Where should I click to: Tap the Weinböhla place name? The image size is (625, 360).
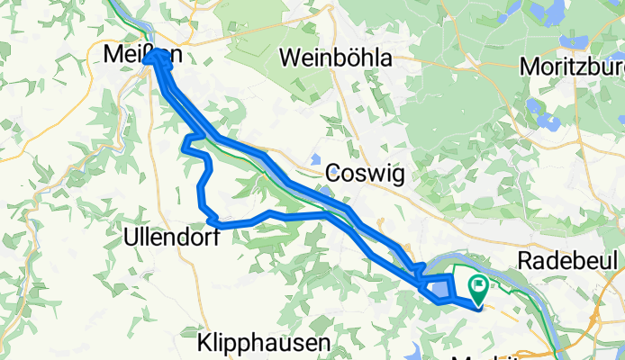[x=336, y=58]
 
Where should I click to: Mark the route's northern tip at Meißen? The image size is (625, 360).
[x=159, y=55]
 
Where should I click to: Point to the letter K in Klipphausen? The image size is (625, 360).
[x=204, y=343]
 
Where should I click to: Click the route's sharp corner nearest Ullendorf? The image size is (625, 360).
[x=209, y=220]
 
